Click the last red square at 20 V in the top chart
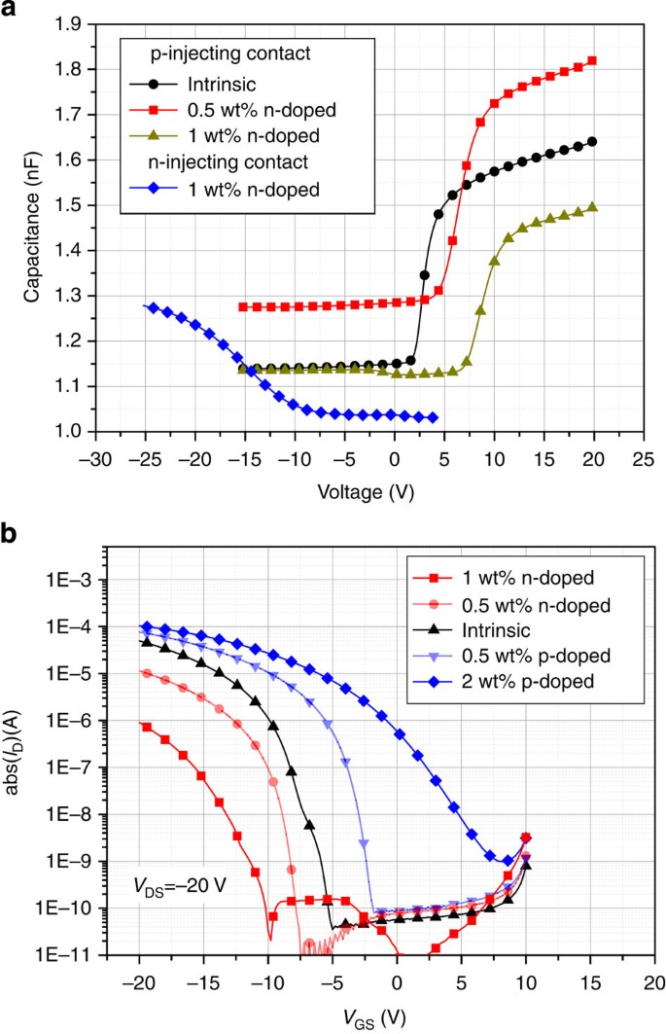(x=592, y=60)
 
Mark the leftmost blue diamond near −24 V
(x=154, y=307)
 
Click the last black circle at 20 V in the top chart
(x=592, y=141)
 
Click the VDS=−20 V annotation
(x=181, y=885)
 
